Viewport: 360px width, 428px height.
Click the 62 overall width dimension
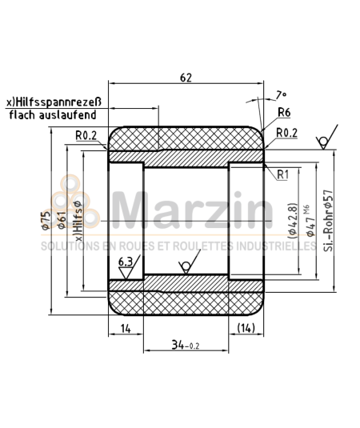tap(186, 78)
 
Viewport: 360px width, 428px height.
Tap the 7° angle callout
tap(279, 94)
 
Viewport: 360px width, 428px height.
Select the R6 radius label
tap(284, 113)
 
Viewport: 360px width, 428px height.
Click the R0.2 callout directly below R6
tap(286, 132)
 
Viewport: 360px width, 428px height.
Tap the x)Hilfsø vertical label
tap(78, 217)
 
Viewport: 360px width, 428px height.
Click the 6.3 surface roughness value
tap(125, 262)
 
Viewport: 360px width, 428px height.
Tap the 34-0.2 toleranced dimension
tap(186, 345)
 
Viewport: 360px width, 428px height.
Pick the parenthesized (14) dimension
tap(246, 328)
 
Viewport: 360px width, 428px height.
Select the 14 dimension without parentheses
tap(125, 328)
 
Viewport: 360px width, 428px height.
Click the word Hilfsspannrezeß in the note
tap(67, 102)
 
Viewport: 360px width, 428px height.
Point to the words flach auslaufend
tap(54, 115)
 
